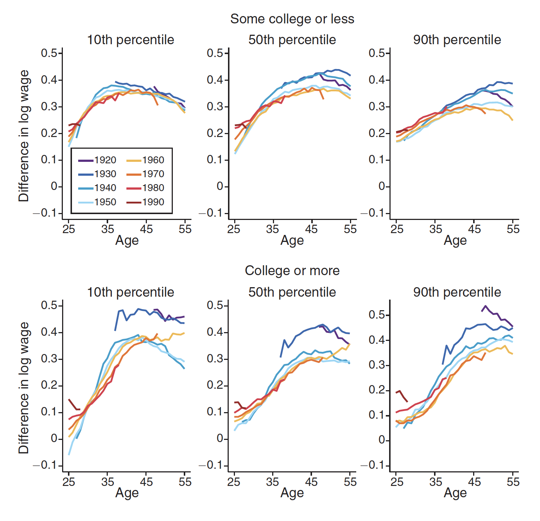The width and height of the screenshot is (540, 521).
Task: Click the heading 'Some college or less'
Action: pyautogui.click(x=292, y=19)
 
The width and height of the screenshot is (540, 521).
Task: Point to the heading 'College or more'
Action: pyautogui.click(x=292, y=271)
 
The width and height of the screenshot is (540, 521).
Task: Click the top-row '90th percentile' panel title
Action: pyautogui.click(x=457, y=40)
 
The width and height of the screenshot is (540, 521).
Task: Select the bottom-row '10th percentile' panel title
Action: pyautogui.click(x=130, y=292)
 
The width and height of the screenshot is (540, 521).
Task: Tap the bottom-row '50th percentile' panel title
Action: pyautogui.click(x=292, y=292)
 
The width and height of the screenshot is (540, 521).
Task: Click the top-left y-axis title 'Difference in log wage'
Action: pyautogui.click(x=24, y=136)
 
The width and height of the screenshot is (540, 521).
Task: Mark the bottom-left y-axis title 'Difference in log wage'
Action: pyautogui.click(x=24, y=388)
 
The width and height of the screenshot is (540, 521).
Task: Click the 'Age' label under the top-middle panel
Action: pyautogui.click(x=292, y=240)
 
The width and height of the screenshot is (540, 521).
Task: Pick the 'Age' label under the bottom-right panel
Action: pyautogui.click(x=455, y=493)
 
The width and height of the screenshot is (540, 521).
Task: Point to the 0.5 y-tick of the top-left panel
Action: pyautogui.click(x=49, y=53)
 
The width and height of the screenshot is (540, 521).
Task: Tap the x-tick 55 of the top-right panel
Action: pyautogui.click(x=513, y=229)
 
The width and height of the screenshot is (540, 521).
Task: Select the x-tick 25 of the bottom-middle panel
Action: pyautogui.click(x=234, y=482)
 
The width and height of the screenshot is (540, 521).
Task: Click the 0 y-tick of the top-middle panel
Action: pyautogui.click(x=220, y=187)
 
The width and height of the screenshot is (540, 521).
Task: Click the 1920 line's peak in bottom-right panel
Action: pyautogui.click(x=486, y=306)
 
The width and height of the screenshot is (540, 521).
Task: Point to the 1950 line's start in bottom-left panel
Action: pyautogui.click(x=69, y=455)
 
